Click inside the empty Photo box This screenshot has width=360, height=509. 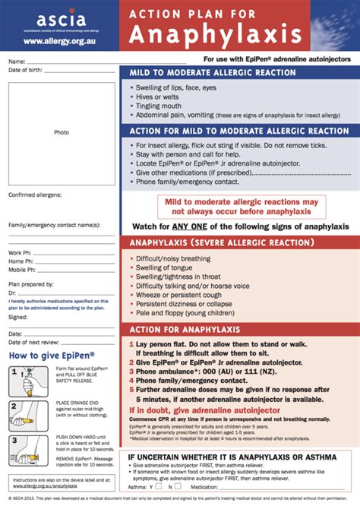click(62, 131)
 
